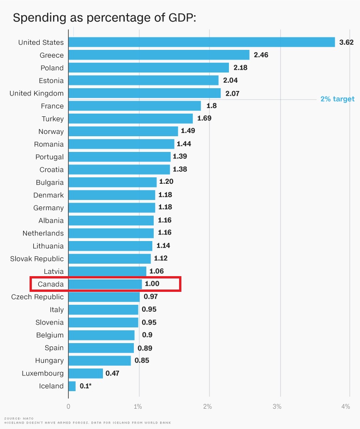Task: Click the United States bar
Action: pos(202,42)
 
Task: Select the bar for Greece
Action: pos(159,55)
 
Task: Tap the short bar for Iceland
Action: pos(72,386)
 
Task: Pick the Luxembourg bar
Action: pos(86,373)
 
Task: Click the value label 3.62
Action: pos(346,42)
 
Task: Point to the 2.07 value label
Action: pos(233,93)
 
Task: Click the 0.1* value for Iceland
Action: pos(85,386)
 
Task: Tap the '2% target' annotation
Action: pos(337,99)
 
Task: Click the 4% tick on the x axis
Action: pos(346,406)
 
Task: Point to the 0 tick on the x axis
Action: pos(68,406)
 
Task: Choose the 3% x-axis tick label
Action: pos(277,406)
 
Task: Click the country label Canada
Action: pos(51,284)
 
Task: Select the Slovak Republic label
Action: pos(37,259)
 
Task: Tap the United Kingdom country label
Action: pos(36,93)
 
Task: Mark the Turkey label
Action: pos(53,119)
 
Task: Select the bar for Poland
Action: pos(149,68)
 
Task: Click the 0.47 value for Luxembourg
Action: pos(112,373)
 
